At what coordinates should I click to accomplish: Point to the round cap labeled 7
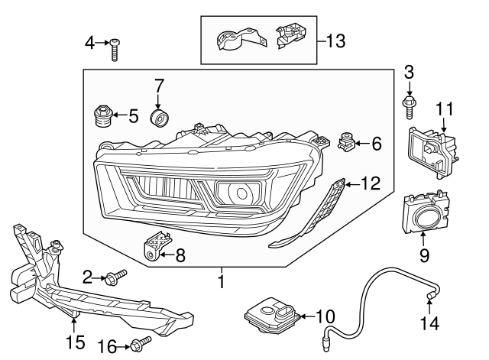pos(160,119)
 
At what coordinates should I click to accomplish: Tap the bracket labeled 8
pos(154,246)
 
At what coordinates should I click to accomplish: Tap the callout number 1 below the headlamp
pos(222,282)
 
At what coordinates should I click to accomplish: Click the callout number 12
pos(370,183)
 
